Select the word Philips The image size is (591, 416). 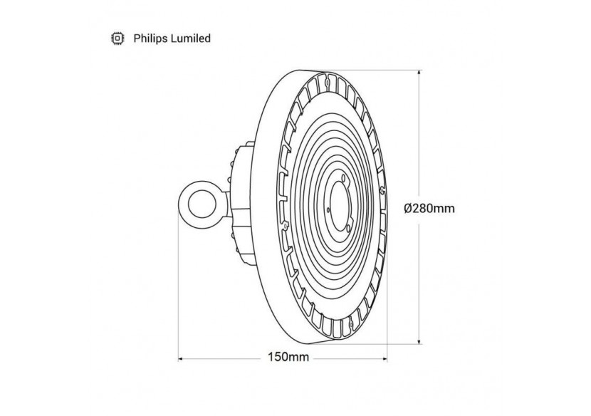pos(148,39)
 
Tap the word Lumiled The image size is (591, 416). pos(188,39)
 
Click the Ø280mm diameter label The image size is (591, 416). pos(429,208)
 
